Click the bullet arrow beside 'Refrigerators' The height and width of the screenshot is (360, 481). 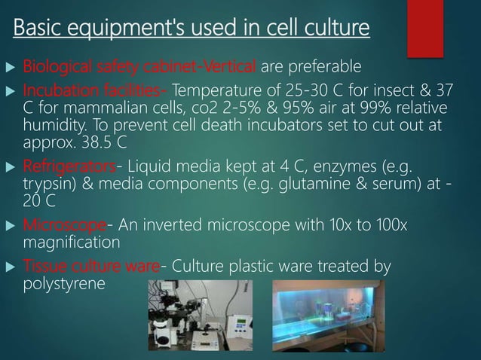11,165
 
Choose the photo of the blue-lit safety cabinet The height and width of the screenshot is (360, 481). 328,316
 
